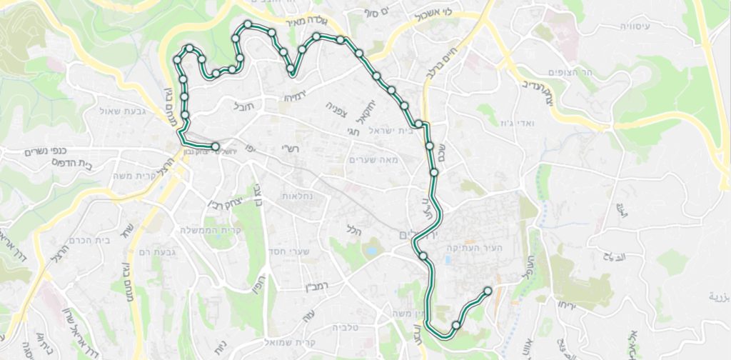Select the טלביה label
point(348,327)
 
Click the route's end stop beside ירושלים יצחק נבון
point(216,147)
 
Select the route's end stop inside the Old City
point(488,291)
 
